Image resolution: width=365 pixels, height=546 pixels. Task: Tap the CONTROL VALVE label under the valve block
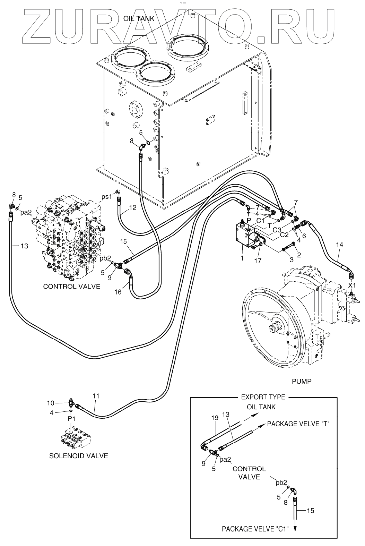tap(71, 286)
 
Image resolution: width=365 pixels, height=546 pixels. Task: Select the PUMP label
tap(301, 381)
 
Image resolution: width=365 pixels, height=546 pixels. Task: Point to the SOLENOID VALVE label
tap(78, 455)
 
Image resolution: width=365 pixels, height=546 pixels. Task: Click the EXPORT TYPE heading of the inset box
tap(263, 397)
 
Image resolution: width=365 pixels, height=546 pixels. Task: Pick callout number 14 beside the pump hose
tap(339, 245)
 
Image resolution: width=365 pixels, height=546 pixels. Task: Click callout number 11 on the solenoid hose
tap(96, 395)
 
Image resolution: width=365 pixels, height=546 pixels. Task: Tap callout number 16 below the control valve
tap(118, 292)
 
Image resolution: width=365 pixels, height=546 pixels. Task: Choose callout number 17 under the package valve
tap(257, 260)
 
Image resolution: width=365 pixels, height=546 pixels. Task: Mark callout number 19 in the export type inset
tap(215, 418)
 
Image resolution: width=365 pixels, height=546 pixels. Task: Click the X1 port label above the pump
tap(352, 285)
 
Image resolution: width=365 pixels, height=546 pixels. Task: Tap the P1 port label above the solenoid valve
tap(71, 419)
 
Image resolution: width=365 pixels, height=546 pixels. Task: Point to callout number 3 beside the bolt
tap(292, 260)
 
